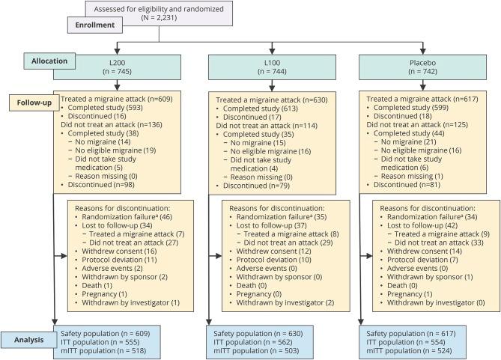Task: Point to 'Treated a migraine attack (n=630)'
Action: pyautogui.click(x=267, y=100)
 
